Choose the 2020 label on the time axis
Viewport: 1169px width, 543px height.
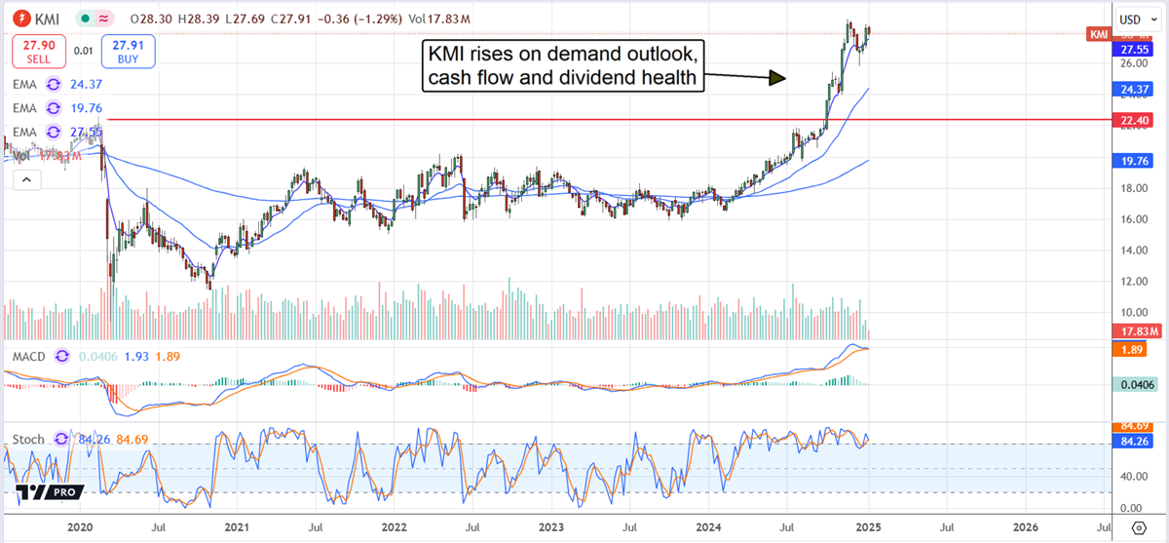(80, 526)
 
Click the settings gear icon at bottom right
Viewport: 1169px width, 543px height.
(1138, 527)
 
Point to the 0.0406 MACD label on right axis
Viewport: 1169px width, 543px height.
(1136, 384)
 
